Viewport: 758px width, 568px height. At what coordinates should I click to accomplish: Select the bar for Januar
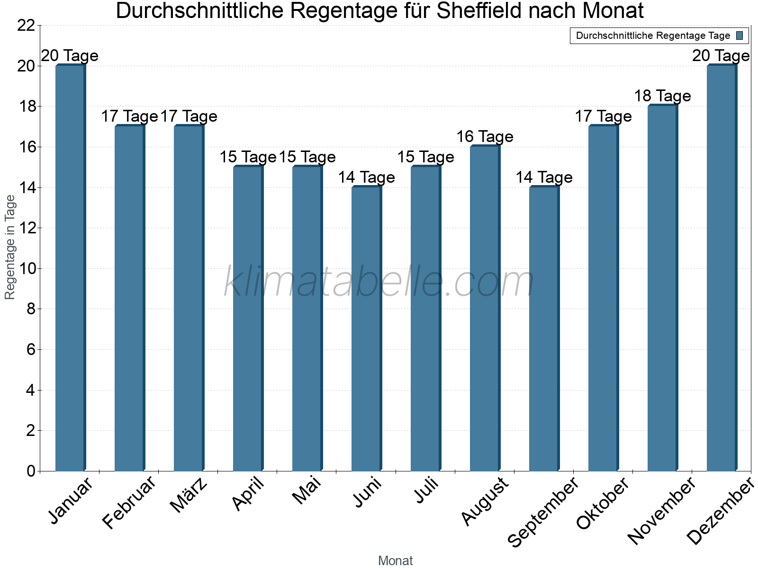pyautogui.click(x=70, y=268)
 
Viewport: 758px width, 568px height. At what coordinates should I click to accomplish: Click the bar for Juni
pyautogui.click(x=366, y=329)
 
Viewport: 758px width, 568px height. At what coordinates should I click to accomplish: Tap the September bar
pyautogui.click(x=544, y=329)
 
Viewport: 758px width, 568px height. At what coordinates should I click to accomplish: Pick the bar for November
pyautogui.click(x=662, y=288)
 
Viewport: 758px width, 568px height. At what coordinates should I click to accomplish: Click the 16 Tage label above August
pyautogui.click(x=485, y=137)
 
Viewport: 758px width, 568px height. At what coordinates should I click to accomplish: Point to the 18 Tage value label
pyautogui.click(x=662, y=96)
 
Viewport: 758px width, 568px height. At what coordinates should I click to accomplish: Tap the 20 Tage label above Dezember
pyautogui.click(x=721, y=56)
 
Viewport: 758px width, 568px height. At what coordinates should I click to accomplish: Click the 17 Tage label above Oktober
pyautogui.click(x=603, y=116)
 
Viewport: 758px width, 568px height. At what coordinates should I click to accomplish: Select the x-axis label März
pyautogui.click(x=189, y=495)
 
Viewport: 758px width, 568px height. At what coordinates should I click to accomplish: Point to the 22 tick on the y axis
pyautogui.click(x=26, y=26)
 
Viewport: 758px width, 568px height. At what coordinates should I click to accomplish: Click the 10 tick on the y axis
pyautogui.click(x=26, y=269)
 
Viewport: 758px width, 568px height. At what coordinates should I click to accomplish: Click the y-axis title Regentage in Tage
pyautogui.click(x=10, y=247)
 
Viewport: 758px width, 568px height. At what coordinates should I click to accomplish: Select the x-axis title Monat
pyautogui.click(x=395, y=561)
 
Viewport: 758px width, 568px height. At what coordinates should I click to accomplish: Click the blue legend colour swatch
pyautogui.click(x=740, y=35)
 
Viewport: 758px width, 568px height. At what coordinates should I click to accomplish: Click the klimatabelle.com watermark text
pyautogui.click(x=379, y=282)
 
